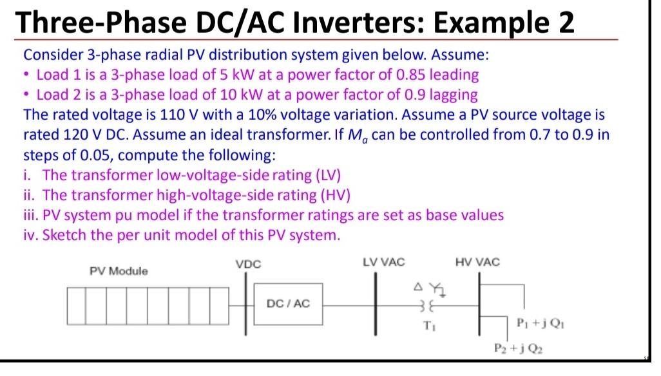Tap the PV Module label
pyautogui.click(x=118, y=271)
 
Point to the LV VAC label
pyautogui.click(x=384, y=262)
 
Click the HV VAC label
pyautogui.click(x=477, y=262)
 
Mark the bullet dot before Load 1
pyautogui.click(x=28, y=75)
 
